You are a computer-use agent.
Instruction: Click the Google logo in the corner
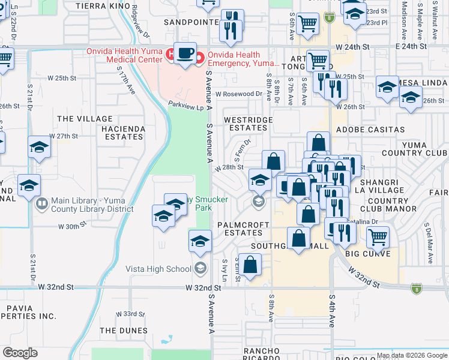[20, 353]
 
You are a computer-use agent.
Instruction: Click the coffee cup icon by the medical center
[185, 54]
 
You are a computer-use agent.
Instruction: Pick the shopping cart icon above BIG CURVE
[378, 236]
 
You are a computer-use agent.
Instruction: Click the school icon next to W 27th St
[40, 147]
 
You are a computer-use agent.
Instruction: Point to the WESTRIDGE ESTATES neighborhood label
[248, 124]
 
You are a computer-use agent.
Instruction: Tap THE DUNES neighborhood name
[124, 331]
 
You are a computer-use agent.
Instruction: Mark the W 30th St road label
[73, 227]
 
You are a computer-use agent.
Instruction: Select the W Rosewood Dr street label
[239, 94]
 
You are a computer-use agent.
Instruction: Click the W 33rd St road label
[130, 314]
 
